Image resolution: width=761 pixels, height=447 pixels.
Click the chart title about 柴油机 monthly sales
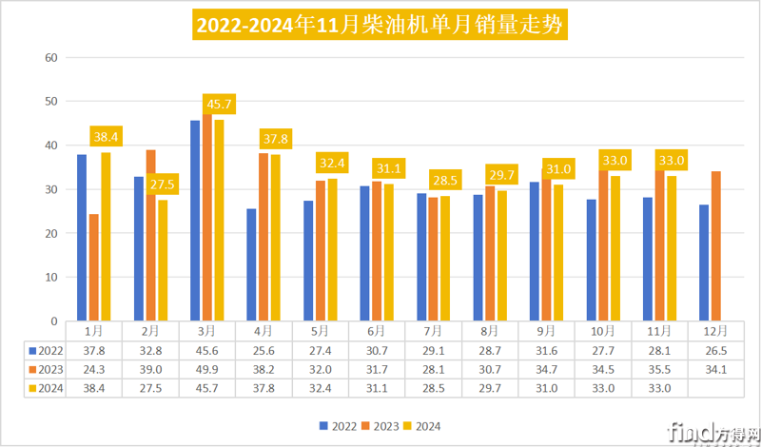380,24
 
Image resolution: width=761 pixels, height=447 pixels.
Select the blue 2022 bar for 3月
195,221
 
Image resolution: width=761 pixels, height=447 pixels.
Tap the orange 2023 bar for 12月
716,245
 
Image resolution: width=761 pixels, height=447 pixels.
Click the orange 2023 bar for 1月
94,267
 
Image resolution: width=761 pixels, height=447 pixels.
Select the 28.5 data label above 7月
444,180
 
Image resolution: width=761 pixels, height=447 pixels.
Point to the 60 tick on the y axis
52,58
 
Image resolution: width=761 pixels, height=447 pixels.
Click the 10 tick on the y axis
52,277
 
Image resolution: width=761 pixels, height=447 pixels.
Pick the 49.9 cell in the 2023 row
206,369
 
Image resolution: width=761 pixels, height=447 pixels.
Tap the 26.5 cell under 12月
714,350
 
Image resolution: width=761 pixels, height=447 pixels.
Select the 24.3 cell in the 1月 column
94,369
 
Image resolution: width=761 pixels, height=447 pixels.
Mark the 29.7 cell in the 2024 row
489,388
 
